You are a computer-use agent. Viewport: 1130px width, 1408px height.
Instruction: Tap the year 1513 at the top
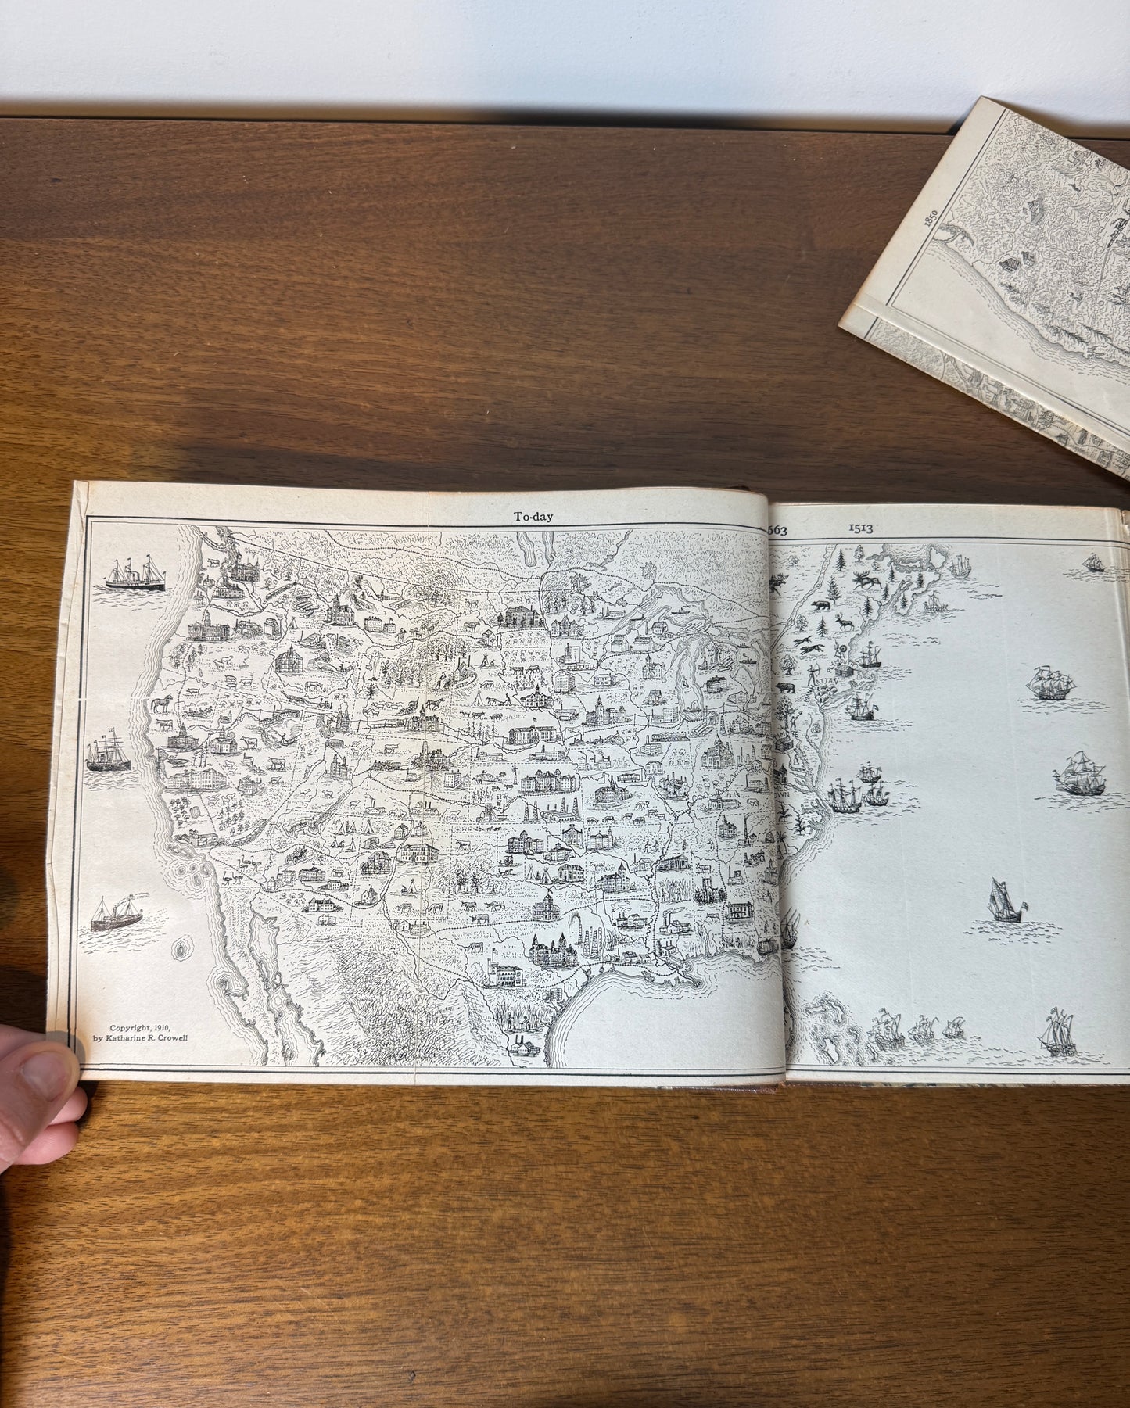tap(860, 527)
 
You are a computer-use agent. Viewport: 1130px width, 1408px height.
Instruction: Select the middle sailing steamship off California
tap(109, 753)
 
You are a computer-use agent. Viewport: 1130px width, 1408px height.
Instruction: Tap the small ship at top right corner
tap(1094, 562)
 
